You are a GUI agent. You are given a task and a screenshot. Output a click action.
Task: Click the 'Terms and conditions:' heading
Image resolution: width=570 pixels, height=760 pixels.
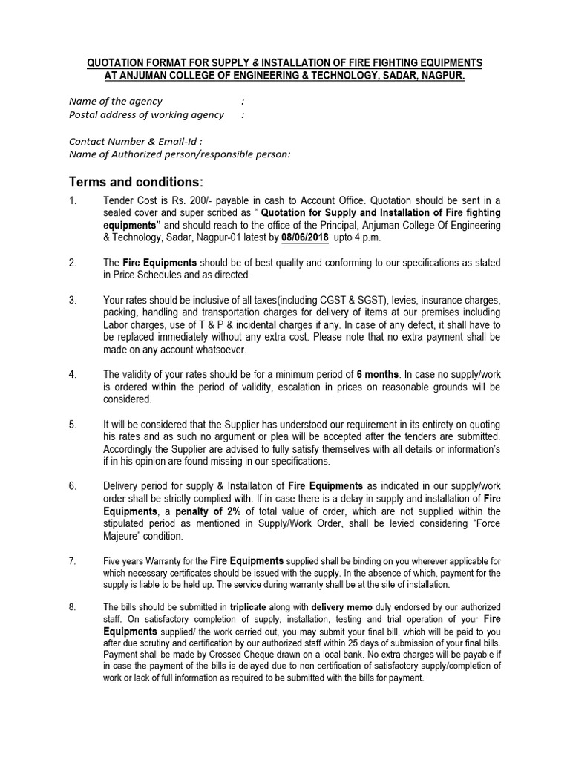click(135, 183)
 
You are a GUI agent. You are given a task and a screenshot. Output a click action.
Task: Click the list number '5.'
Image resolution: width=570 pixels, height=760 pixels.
click(73, 425)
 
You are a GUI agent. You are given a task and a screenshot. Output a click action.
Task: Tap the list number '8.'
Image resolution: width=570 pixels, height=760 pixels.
click(73, 606)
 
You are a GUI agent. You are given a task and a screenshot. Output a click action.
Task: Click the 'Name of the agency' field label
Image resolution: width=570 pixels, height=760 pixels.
click(115, 101)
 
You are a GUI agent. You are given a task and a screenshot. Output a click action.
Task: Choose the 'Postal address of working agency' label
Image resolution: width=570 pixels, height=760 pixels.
click(146, 114)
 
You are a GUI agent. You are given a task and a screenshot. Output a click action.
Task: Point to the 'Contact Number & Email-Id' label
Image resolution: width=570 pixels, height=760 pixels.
click(135, 141)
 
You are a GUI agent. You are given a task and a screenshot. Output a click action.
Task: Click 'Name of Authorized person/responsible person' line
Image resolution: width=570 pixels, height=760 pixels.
click(180, 154)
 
